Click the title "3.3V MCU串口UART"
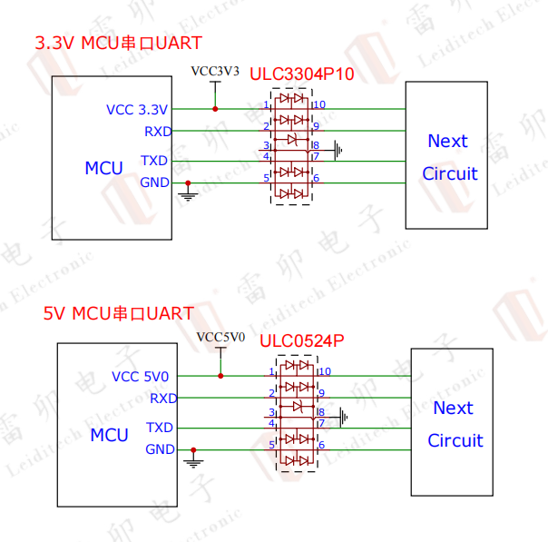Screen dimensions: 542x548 [x=118, y=43]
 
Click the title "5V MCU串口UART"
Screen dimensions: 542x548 [x=119, y=313]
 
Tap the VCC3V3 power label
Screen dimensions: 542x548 [x=215, y=71]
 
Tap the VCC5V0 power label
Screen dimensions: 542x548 [x=220, y=338]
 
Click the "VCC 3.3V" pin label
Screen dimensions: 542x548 [x=137, y=110]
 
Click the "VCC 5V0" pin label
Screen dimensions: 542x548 [x=140, y=376]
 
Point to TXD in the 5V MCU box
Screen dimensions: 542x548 [x=160, y=427]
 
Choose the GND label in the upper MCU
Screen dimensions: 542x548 [x=154, y=182]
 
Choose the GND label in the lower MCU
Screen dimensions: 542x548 [x=160, y=449]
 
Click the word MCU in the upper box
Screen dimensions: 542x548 [x=103, y=168]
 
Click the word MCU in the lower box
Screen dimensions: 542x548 [x=109, y=435]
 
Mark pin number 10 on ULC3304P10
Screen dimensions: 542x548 [x=319, y=104]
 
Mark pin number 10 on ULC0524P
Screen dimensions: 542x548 [x=325, y=371]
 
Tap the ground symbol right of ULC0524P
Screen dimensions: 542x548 [x=343, y=416]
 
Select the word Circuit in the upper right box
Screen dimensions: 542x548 [x=449, y=173]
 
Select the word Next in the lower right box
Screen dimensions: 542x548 [x=453, y=408]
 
